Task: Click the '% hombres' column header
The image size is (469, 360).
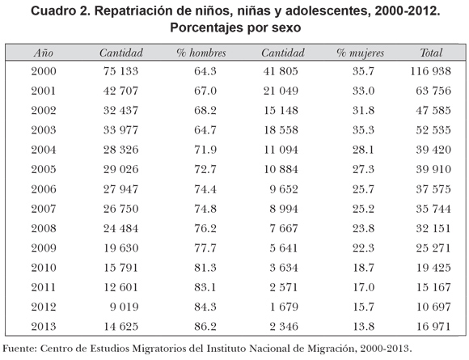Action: pyautogui.click(x=201, y=53)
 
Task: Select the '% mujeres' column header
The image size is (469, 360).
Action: pyautogui.click(x=360, y=53)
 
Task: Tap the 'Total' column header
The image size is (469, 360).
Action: pyautogui.click(x=431, y=53)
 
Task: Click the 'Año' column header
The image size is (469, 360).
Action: pyautogui.click(x=44, y=53)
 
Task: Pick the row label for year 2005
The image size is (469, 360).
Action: pyautogui.click(x=44, y=169)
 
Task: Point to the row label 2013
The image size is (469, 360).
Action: pyautogui.click(x=44, y=327)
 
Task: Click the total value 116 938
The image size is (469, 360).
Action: pyautogui.click(x=430, y=71)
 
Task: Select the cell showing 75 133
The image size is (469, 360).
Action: pyautogui.click(x=120, y=71)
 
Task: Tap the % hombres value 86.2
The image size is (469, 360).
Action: pyautogui.click(x=205, y=327)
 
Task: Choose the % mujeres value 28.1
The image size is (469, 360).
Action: pyautogui.click(x=363, y=150)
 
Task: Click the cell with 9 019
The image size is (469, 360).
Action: pyautogui.click(x=125, y=307)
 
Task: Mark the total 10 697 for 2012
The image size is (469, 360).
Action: pyautogui.click(x=433, y=307)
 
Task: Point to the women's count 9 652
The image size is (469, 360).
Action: pyautogui.click(x=284, y=189)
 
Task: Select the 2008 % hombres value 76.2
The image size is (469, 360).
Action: pyautogui.click(x=205, y=229)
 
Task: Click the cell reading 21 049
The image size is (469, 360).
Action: pyautogui.click(x=281, y=91)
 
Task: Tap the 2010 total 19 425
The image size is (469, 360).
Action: pyautogui.click(x=433, y=268)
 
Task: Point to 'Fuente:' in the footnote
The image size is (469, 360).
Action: pyautogui.click(x=19, y=349)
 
